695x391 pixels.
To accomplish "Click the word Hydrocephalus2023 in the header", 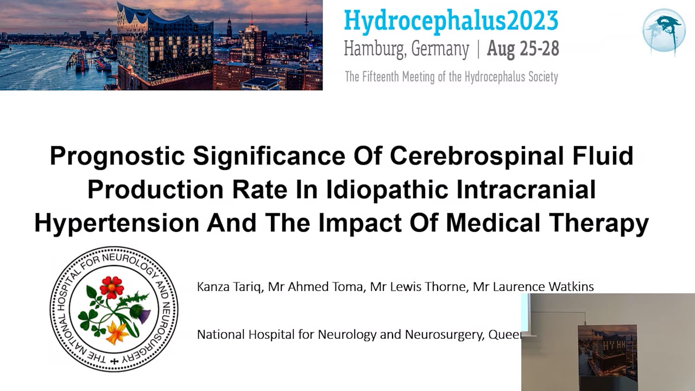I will click(x=451, y=21).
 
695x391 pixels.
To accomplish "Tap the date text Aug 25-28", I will click(x=523, y=49).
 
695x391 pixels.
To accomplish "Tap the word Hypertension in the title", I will click(x=116, y=224).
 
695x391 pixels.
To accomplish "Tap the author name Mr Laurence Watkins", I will click(x=533, y=286).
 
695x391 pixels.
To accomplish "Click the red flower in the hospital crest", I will click(x=112, y=287).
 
